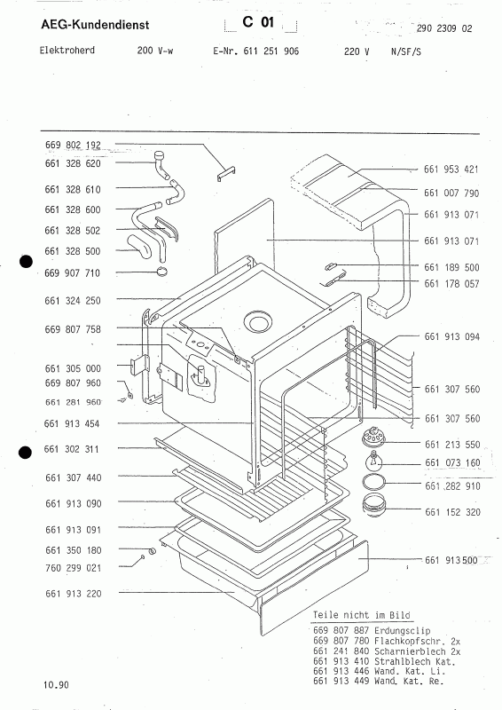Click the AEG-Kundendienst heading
(95, 25)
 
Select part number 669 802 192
(73, 145)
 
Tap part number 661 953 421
(451, 170)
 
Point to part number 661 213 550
(452, 445)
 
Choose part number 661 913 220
(74, 594)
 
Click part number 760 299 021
(74, 568)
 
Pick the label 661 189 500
(451, 267)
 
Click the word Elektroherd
(67, 50)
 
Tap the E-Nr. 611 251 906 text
(255, 51)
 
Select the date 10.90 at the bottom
(56, 684)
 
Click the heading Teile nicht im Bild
(362, 615)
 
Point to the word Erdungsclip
(403, 631)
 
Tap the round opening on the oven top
(258, 323)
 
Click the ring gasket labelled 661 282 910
(374, 482)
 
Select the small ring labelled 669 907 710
(161, 272)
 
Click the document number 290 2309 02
(444, 28)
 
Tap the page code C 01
(258, 21)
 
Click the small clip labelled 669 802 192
(226, 173)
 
